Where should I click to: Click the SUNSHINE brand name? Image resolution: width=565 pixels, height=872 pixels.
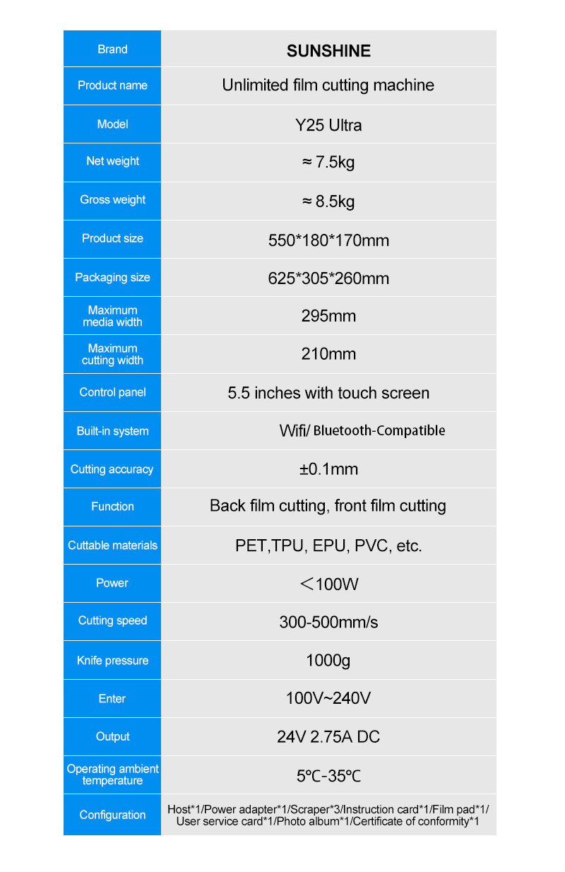coord(328,51)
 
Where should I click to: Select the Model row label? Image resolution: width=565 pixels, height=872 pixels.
coord(112,124)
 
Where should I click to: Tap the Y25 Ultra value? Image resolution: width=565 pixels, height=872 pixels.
coord(328,125)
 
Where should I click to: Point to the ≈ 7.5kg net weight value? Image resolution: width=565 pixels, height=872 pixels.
coord(328,163)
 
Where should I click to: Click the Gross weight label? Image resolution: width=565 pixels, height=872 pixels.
coord(112,200)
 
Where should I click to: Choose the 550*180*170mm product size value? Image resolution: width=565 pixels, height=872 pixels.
coord(328,240)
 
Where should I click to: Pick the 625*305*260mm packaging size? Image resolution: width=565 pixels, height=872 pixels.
coord(328,278)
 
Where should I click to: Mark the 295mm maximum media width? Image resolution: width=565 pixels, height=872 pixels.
coord(328,316)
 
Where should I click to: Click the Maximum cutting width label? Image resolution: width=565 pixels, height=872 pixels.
coord(112,354)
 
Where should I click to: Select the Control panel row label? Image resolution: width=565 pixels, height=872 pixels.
coord(112,392)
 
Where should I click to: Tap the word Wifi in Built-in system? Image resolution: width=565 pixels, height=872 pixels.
coord(292,430)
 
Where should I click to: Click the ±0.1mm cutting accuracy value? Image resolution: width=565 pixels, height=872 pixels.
coord(328,469)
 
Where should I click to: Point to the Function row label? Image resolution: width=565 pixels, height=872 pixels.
coord(112,507)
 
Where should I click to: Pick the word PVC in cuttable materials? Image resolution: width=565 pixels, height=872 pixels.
coord(371,546)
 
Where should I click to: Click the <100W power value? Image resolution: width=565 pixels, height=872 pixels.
coord(328,584)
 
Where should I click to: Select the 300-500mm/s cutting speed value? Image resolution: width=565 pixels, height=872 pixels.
coord(328,622)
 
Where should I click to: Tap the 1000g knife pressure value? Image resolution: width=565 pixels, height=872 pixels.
coord(328,661)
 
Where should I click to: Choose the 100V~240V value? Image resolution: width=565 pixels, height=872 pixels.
coord(328,698)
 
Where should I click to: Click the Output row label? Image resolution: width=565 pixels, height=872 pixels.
coord(112,736)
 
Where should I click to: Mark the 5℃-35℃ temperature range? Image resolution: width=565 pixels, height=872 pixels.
coord(328,775)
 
